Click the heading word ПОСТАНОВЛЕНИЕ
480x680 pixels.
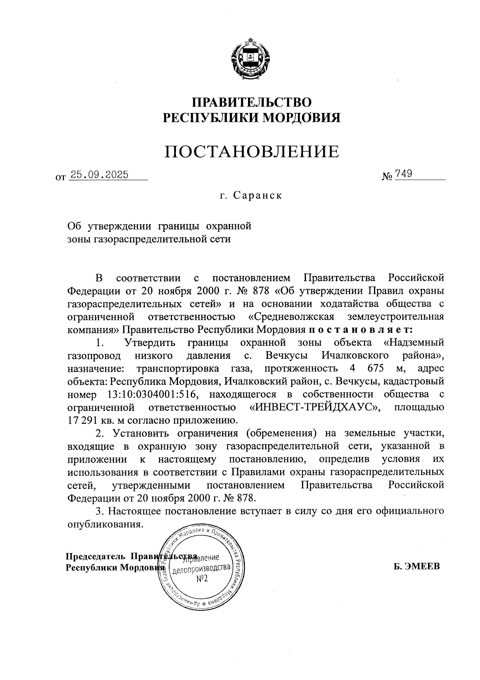[252, 151]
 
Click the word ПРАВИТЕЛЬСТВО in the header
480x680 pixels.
[252, 102]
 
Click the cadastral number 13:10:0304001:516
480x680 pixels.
[152, 394]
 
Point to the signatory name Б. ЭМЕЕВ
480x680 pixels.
[416, 566]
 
